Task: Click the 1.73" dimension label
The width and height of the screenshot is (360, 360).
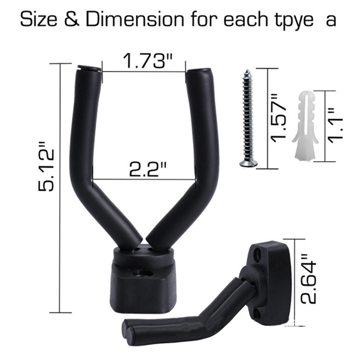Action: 148,61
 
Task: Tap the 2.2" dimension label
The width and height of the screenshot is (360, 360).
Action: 148,169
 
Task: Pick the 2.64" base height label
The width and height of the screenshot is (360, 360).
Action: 309,279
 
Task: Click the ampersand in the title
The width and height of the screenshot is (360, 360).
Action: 72,19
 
